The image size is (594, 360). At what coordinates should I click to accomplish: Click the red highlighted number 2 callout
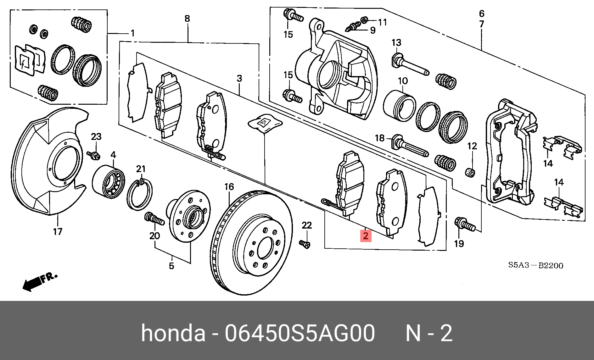tap(366, 236)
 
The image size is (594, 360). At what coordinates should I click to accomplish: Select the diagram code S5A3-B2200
tap(535, 265)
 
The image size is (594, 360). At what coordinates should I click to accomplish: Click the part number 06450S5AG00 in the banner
tap(300, 333)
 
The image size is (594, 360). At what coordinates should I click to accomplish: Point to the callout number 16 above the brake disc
tap(229, 187)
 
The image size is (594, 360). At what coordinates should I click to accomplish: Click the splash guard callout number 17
tap(58, 232)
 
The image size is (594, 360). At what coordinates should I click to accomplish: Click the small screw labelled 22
tap(305, 244)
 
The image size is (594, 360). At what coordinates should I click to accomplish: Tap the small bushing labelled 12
tap(470, 172)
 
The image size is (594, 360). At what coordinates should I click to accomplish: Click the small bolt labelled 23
tap(94, 155)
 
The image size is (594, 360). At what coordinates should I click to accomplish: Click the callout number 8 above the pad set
tap(187, 19)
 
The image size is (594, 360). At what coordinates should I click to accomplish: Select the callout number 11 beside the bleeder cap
tap(382, 22)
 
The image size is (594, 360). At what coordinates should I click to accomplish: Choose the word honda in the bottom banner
tap(173, 333)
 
